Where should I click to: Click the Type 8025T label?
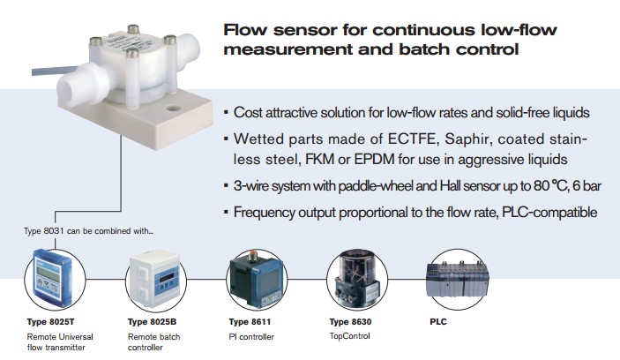coord(50,322)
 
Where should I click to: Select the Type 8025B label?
coord(153,322)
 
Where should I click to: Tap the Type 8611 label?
coord(250,322)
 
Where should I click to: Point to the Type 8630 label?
coord(350,322)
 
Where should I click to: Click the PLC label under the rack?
coord(438,322)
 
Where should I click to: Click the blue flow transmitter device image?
coord(53,277)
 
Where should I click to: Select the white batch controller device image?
coord(155,279)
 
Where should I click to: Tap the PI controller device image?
coord(257,280)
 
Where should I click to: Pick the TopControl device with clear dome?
coord(356,279)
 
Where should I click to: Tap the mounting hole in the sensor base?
coord(173,108)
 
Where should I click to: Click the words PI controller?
coord(251,337)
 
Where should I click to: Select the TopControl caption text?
coord(350,336)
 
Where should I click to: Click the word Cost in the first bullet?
coord(248,113)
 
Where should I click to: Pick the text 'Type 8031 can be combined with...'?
coord(88,231)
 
